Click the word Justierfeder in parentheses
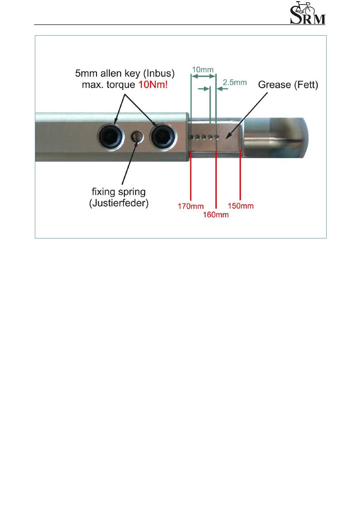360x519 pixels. (x=119, y=203)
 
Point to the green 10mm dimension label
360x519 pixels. (x=203, y=70)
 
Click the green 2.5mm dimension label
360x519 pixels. (x=235, y=82)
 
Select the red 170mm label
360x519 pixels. (x=191, y=207)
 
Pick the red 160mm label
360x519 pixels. (x=216, y=215)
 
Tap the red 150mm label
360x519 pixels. (x=241, y=206)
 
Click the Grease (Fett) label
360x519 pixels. (x=288, y=85)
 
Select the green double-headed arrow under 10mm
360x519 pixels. (x=203, y=76)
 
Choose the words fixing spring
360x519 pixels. (x=119, y=192)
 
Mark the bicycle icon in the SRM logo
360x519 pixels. (x=305, y=7)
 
